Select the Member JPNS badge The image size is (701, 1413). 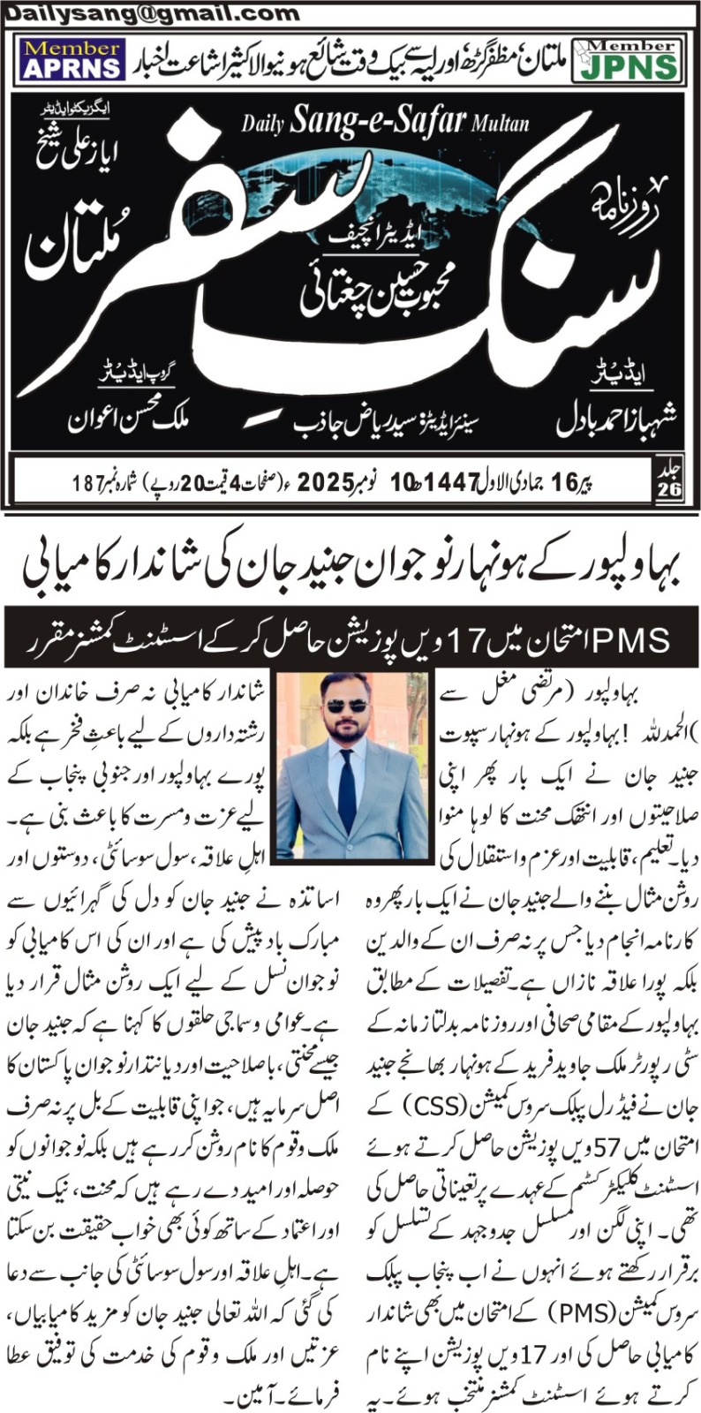(626, 59)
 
